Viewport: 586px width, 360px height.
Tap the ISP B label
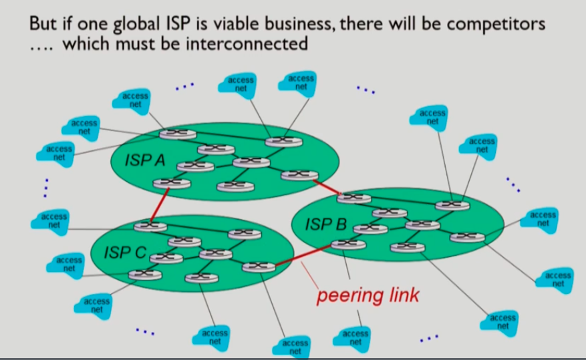pyautogui.click(x=325, y=223)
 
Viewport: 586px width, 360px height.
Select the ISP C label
pyautogui.click(x=125, y=253)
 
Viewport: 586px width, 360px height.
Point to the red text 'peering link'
pyautogui.click(x=368, y=295)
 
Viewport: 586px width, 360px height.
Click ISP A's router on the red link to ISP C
pyautogui.click(x=166, y=183)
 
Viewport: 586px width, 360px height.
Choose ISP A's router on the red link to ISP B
pyautogui.click(x=295, y=176)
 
